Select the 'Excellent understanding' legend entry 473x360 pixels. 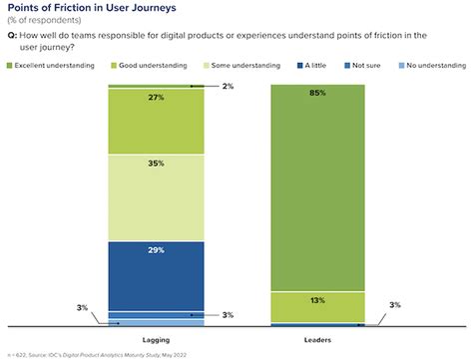click(50, 67)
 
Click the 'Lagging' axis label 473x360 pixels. click(156, 339)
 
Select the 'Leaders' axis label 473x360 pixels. click(317, 339)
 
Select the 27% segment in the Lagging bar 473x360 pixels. click(156, 122)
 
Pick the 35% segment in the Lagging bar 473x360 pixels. click(156, 197)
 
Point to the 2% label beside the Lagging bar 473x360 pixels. click(228, 86)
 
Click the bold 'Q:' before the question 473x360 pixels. click(12, 34)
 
